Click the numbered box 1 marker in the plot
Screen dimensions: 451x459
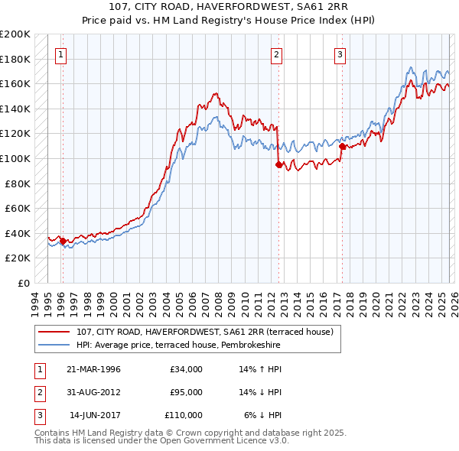pyautogui.click(x=60, y=54)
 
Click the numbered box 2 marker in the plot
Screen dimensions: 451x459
pyautogui.click(x=276, y=54)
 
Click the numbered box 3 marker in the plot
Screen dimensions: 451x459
pyautogui.click(x=340, y=54)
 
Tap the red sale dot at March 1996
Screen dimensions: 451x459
pyautogui.click(x=63, y=241)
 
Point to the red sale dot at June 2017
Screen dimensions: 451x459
pyautogui.click(x=342, y=146)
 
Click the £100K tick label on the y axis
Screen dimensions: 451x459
pyautogui.click(x=15, y=158)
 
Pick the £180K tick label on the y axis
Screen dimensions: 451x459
pyautogui.click(x=15, y=59)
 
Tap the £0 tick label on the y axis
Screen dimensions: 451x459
pyautogui.click(x=24, y=283)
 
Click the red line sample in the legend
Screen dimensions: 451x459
pyautogui.click(x=55, y=333)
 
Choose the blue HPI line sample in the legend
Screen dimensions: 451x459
pyautogui.click(x=55, y=346)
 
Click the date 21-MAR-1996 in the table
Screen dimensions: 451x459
pyautogui.click(x=93, y=369)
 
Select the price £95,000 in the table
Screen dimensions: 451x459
pyautogui.click(x=186, y=392)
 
